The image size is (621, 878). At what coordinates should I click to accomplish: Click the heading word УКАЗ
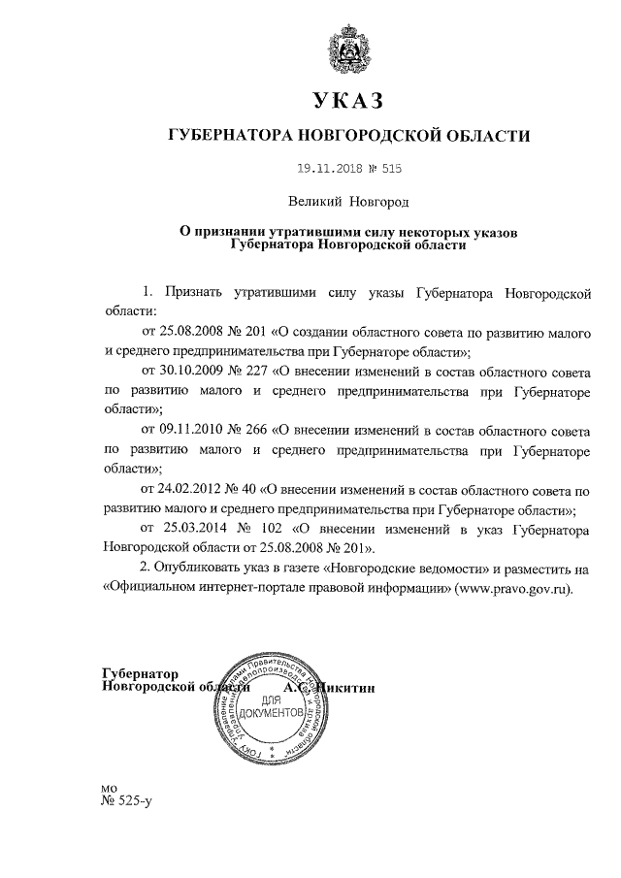(x=348, y=100)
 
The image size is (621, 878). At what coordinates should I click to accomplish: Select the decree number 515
(x=390, y=168)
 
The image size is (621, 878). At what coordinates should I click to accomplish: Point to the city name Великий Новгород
(x=348, y=202)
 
